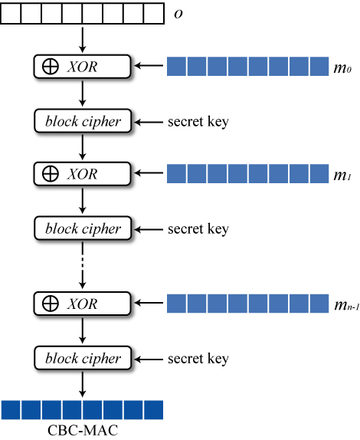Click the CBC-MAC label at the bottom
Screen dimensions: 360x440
click(83, 430)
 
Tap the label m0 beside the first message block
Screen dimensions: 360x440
click(342, 68)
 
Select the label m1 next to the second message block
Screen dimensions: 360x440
click(342, 176)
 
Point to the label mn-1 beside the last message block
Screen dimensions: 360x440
click(346, 305)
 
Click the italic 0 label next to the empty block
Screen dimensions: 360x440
click(178, 14)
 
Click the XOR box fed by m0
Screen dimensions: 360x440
click(82, 67)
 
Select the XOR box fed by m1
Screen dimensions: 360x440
click(82, 174)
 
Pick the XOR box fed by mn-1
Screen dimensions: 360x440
click(82, 304)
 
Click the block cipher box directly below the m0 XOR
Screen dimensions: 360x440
click(83, 121)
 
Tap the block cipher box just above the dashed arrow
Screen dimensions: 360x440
click(83, 228)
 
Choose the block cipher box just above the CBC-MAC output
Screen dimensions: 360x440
click(83, 358)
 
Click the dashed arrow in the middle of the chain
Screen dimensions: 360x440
click(83, 265)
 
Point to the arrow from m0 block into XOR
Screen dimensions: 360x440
click(149, 66)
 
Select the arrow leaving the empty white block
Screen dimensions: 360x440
click(83, 40)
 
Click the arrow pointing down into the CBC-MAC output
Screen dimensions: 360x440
click(83, 385)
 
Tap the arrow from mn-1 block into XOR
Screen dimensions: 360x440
click(149, 303)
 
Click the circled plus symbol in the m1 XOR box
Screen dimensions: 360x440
click(51, 174)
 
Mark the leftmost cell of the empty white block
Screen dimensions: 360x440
click(11, 13)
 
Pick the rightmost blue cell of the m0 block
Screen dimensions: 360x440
click(319, 66)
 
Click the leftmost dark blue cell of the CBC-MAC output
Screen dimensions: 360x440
click(11, 410)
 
